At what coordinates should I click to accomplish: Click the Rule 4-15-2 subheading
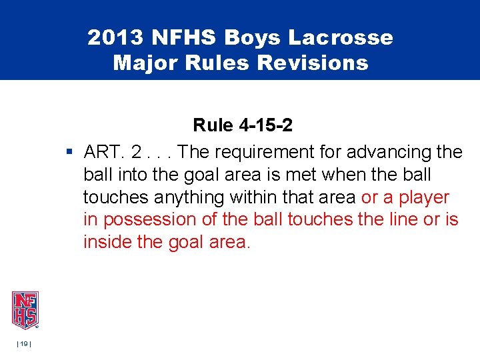point(243,125)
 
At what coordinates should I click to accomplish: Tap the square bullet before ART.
point(70,153)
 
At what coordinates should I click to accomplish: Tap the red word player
point(425,197)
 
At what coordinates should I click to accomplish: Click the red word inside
point(107,241)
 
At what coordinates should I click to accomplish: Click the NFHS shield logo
point(25,310)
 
